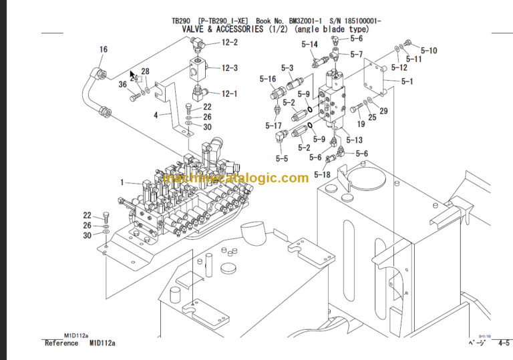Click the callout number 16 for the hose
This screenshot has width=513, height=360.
(x=103, y=49)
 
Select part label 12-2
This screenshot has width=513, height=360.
(x=229, y=43)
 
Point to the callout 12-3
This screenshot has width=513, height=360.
(x=229, y=68)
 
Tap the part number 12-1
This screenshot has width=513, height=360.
(x=229, y=94)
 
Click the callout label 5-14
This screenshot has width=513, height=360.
(x=309, y=44)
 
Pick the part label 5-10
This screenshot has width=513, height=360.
(x=429, y=50)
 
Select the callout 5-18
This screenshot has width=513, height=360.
(x=322, y=175)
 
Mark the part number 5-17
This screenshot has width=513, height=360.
(x=273, y=126)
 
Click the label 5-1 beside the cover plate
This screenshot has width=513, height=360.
(x=407, y=82)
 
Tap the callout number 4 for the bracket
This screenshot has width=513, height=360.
(x=156, y=115)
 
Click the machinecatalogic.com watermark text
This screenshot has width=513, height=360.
(x=235, y=178)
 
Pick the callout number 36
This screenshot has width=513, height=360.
(x=123, y=84)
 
